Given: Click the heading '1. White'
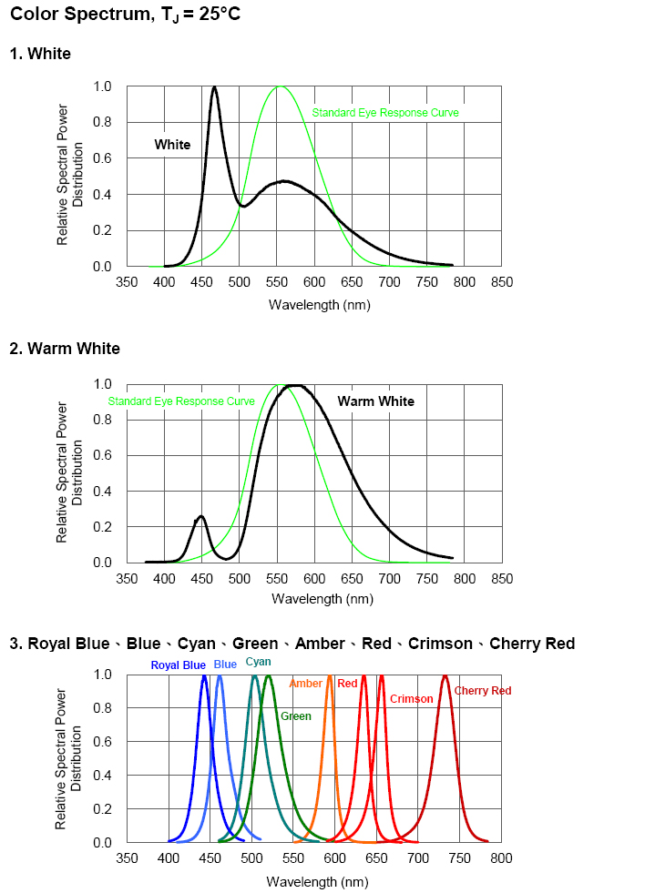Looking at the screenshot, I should tap(40, 54).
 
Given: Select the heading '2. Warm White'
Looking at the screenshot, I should tap(65, 349).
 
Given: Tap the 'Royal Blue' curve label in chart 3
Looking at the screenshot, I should tap(179, 665).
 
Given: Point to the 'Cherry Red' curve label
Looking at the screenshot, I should tap(483, 691).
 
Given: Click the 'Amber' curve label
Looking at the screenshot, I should tap(305, 684).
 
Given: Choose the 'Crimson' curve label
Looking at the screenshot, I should tap(411, 699).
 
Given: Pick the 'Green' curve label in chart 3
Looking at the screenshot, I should tap(296, 716).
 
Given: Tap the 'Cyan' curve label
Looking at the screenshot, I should tap(258, 662).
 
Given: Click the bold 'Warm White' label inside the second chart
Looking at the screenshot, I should tap(375, 401).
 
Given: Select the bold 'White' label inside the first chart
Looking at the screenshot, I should tap(172, 145).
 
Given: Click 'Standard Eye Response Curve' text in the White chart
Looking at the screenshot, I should tap(385, 113).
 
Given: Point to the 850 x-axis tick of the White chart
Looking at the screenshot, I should tap(501, 282).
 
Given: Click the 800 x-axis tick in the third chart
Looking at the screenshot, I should tap(501, 857).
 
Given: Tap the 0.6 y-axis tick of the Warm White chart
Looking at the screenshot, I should tap(103, 455).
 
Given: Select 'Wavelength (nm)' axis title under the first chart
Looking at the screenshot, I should tap(319, 305).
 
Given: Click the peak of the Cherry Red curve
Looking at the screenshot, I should tap(445, 676).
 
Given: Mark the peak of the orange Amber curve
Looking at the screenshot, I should tap(329, 676).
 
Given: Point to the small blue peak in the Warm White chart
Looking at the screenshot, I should tap(201, 517).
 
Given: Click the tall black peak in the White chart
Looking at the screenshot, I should tap(214, 88).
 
